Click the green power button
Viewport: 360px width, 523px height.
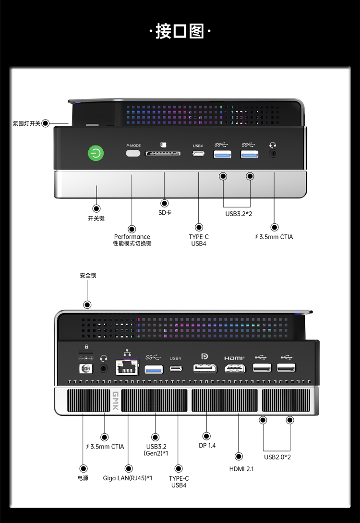tap(96, 153)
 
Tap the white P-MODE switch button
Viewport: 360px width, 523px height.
tap(133, 153)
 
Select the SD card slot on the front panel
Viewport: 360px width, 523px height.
tap(163, 153)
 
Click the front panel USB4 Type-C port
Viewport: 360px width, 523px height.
tap(198, 154)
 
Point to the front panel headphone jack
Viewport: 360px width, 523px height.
tap(273, 154)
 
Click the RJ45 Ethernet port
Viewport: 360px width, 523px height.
tap(127, 367)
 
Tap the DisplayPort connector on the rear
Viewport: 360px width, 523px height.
tap(205, 368)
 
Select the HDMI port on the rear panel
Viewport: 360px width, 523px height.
tap(235, 368)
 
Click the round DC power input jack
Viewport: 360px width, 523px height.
tap(85, 368)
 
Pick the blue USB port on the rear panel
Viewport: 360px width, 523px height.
tap(154, 369)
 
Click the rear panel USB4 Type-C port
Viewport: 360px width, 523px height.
tap(176, 368)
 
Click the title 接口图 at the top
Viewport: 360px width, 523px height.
tap(180, 31)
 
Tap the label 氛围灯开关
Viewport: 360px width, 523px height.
tap(27, 123)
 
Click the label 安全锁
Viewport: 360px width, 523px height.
tap(88, 276)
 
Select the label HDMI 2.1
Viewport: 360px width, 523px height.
tap(241, 469)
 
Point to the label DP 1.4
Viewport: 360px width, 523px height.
tap(207, 446)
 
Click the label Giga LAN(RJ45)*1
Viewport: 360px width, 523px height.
tap(127, 478)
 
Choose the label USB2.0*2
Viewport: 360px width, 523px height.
tap(277, 457)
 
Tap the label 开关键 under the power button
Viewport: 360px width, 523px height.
tap(96, 219)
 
